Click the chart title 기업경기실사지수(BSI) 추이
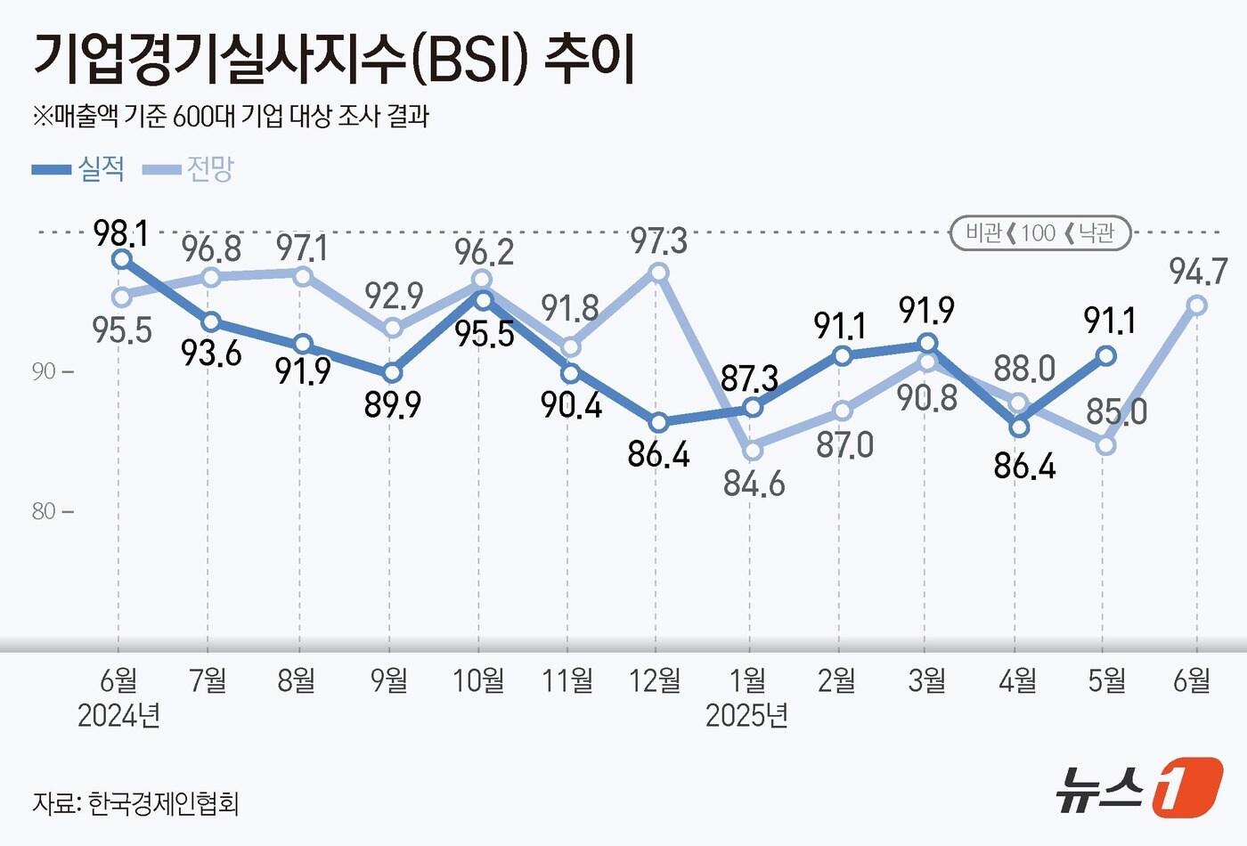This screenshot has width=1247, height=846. tap(334, 61)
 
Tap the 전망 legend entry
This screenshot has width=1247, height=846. tap(189, 168)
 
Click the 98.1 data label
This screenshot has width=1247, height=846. tap(120, 233)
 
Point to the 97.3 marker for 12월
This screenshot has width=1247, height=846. tap(658, 273)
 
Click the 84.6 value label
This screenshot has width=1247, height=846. tap(754, 484)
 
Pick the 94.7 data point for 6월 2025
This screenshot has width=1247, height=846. tap(1197, 305)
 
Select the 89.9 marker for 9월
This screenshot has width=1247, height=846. tap(391, 372)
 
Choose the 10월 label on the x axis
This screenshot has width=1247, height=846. tap(478, 681)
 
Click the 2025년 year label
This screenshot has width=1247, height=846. tap(746, 715)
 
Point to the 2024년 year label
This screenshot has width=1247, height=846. tap(118, 715)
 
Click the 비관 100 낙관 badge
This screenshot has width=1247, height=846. tap(1039, 233)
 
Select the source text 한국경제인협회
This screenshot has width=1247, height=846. tap(163, 803)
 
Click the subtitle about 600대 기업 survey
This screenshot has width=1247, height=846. tap(231, 116)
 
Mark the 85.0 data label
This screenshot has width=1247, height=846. tap(1116, 412)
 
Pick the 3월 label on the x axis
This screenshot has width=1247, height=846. tap(926, 681)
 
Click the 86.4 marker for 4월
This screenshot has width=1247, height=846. tap(1018, 427)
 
